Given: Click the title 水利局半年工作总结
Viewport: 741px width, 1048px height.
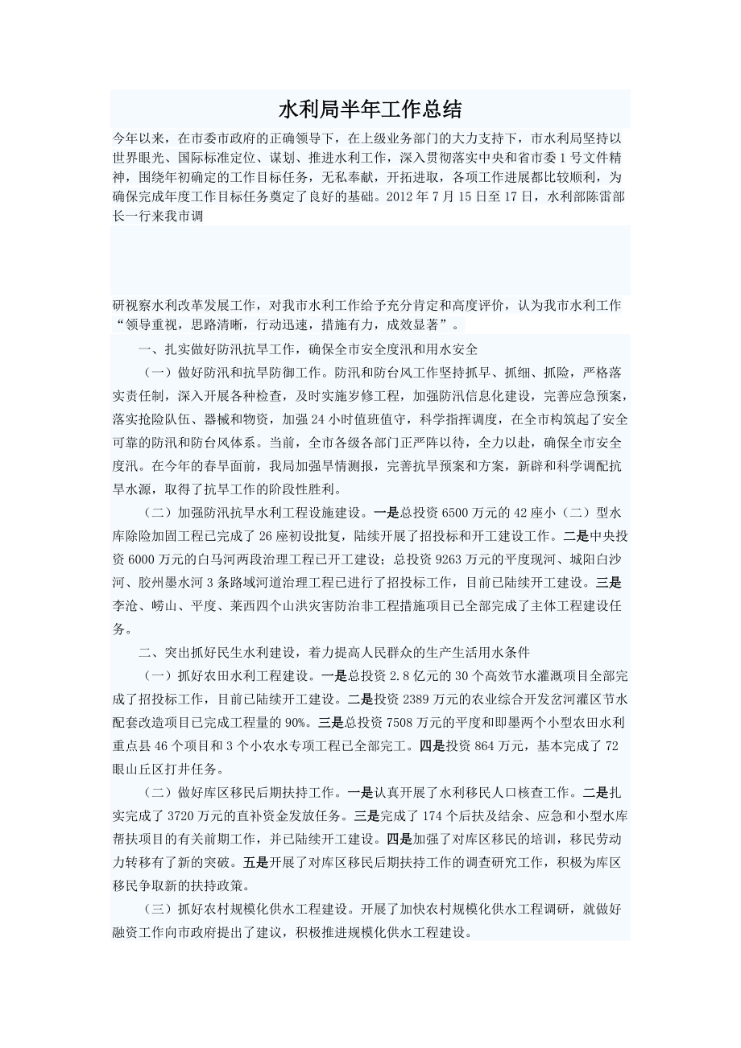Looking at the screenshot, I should click(x=370, y=109).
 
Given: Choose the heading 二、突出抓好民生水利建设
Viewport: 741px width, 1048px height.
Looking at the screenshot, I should click(x=217, y=651).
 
